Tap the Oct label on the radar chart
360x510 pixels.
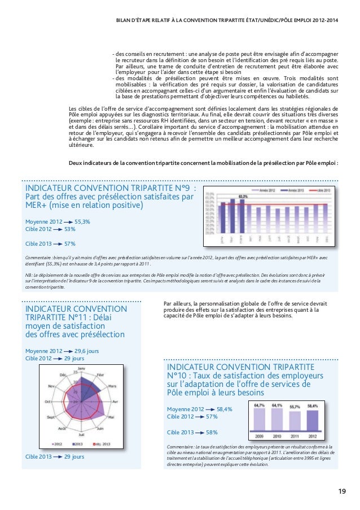pos(48,401)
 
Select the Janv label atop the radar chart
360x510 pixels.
pos(81,368)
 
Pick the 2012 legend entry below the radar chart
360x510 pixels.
pos(58,443)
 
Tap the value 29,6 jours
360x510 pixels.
pos(87,351)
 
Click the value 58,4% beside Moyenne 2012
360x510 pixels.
pos(224,409)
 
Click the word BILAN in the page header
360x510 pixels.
pos(123,21)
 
